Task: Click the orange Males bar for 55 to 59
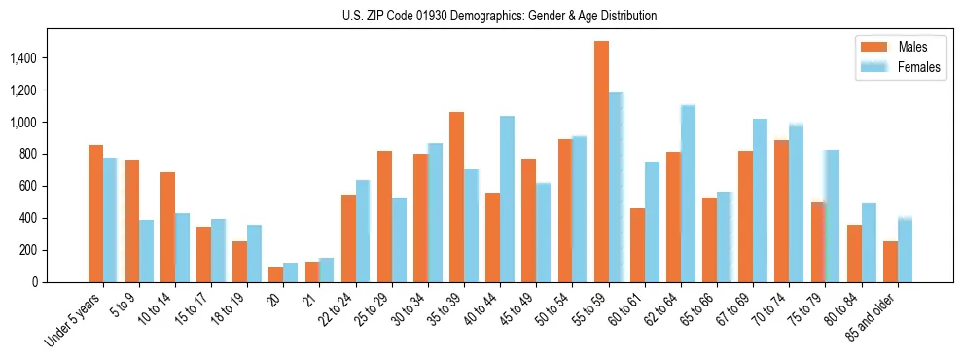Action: pyautogui.click(x=601, y=162)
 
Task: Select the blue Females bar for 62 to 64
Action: pyautogui.click(x=688, y=194)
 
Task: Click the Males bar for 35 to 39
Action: pyautogui.click(x=456, y=197)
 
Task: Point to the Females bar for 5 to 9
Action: pyautogui.click(x=146, y=251)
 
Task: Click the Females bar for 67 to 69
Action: pyautogui.click(x=760, y=200)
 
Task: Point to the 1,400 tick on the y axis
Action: pyautogui.click(x=35, y=58)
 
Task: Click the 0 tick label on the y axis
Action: pyautogui.click(x=59, y=282)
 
